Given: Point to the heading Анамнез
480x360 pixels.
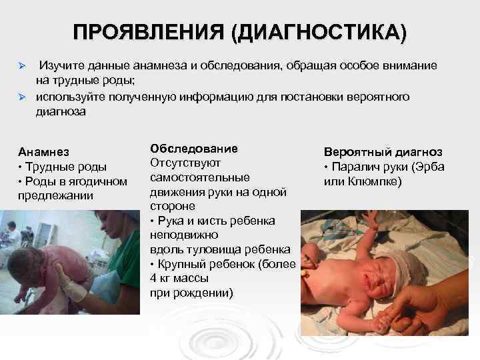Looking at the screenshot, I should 44,152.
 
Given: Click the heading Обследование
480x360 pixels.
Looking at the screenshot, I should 193,147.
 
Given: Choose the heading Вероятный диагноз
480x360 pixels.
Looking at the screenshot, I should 383,152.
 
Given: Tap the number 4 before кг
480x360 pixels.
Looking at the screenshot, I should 154,278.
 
